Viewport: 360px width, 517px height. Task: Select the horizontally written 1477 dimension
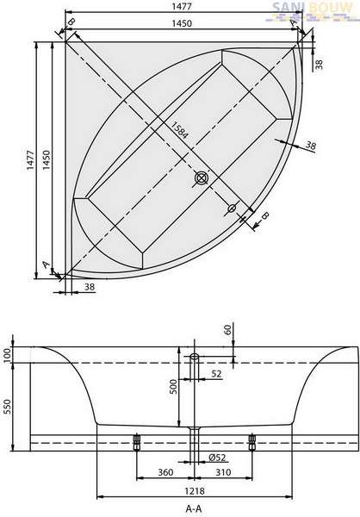pos(182,6)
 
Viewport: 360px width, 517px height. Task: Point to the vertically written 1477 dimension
pos(30,160)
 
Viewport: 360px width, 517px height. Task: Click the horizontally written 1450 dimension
pos(182,23)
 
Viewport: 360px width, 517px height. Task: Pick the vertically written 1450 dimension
pos(47,160)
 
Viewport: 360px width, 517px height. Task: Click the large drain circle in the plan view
pos(201,178)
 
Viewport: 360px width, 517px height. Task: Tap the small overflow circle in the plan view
pos(232,208)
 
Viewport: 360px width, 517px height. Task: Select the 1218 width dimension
pos(194,491)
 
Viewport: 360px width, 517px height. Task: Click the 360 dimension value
pos(165,472)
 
